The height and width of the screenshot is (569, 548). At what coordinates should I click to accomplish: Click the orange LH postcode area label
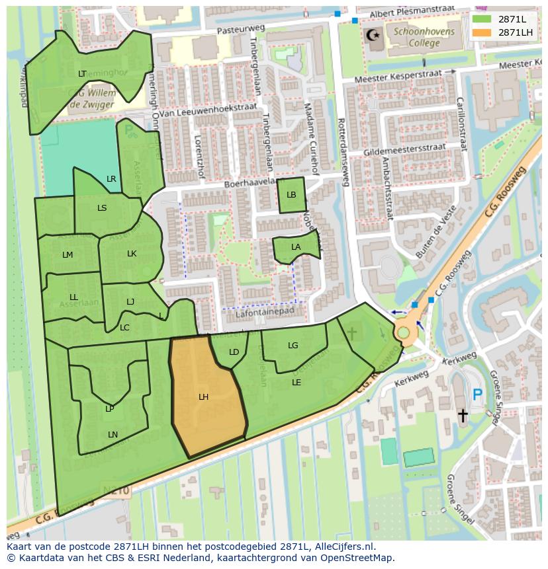pyautogui.click(x=203, y=397)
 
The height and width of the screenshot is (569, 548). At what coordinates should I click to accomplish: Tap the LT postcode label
pyautogui.click(x=82, y=74)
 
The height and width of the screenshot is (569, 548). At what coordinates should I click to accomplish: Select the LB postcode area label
pyautogui.click(x=291, y=195)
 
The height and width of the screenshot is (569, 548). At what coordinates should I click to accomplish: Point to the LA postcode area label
pyautogui.click(x=296, y=247)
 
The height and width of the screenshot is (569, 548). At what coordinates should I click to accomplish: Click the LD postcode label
pyautogui.click(x=234, y=352)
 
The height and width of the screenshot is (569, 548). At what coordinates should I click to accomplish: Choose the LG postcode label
pyautogui.click(x=293, y=346)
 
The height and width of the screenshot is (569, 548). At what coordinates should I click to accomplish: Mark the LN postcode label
pyautogui.click(x=113, y=434)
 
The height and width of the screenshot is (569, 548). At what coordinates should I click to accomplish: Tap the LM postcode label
pyautogui.click(x=68, y=255)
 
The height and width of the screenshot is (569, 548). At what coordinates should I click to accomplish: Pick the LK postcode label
pyautogui.click(x=132, y=254)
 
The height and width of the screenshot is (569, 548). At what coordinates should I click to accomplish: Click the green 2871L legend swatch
pyautogui.click(x=482, y=19)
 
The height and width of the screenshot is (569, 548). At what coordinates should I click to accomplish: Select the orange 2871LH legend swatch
pyautogui.click(x=482, y=32)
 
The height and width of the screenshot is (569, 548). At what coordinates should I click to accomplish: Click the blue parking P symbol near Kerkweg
pyautogui.click(x=477, y=395)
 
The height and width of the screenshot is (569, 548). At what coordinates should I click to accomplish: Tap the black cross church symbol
pyautogui.click(x=463, y=415)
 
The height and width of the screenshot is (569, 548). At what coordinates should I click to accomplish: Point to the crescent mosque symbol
pyautogui.click(x=375, y=34)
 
